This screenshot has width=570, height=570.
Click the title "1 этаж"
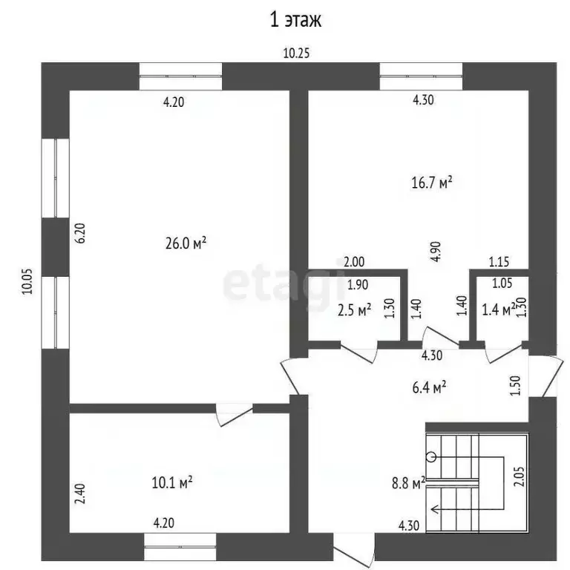[296, 20]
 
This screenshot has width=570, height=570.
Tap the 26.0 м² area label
[186, 243]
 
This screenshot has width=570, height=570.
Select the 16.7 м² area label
[432, 182]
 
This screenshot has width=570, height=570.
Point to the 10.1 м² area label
[172, 482]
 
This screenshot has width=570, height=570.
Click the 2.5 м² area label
[355, 310]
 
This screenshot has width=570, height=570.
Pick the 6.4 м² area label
[429, 387]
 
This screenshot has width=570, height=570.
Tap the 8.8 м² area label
[409, 483]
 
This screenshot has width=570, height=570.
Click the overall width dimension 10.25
[296, 53]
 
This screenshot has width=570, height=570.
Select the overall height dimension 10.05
[27, 281]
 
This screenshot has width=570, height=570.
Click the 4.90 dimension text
[436, 251]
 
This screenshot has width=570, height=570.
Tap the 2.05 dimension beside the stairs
[520, 476]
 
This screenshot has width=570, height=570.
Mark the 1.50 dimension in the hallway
[516, 385]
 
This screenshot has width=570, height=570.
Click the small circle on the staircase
[431, 456]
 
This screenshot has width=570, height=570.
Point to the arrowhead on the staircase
[433, 509]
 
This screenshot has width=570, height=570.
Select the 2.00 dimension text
[354, 262]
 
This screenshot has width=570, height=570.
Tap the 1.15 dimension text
[499, 262]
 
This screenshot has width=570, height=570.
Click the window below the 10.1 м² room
[180, 546]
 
